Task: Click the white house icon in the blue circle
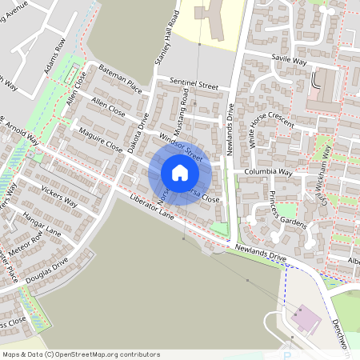[180, 172]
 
